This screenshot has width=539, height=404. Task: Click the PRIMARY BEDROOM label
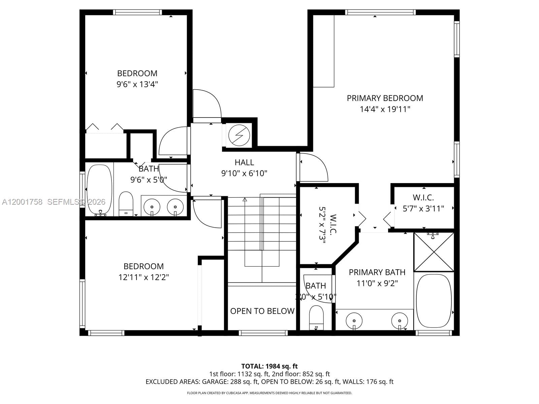[385, 98]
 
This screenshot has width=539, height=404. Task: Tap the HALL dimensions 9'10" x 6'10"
[244, 173]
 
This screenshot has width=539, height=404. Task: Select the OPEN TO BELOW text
[262, 311]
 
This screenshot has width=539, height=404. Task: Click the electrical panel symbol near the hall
[240, 135]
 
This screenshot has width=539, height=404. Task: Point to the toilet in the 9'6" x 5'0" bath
[126, 203]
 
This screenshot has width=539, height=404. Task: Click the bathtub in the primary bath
[434, 301]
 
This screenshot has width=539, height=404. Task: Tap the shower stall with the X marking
[434, 252]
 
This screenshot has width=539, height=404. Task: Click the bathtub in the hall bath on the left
[99, 189]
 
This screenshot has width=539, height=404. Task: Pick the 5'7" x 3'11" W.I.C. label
[423, 203]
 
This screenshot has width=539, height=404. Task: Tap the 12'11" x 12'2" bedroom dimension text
[144, 277]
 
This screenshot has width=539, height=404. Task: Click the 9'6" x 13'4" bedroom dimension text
[137, 84]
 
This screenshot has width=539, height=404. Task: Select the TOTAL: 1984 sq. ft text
[269, 366]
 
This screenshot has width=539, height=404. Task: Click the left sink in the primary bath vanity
[354, 318]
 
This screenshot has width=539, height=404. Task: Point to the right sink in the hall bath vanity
[175, 206]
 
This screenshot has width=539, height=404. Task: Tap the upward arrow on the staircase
[245, 200]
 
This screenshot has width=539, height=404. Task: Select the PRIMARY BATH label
[377, 272]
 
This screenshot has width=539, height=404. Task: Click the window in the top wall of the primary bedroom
[380, 12]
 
